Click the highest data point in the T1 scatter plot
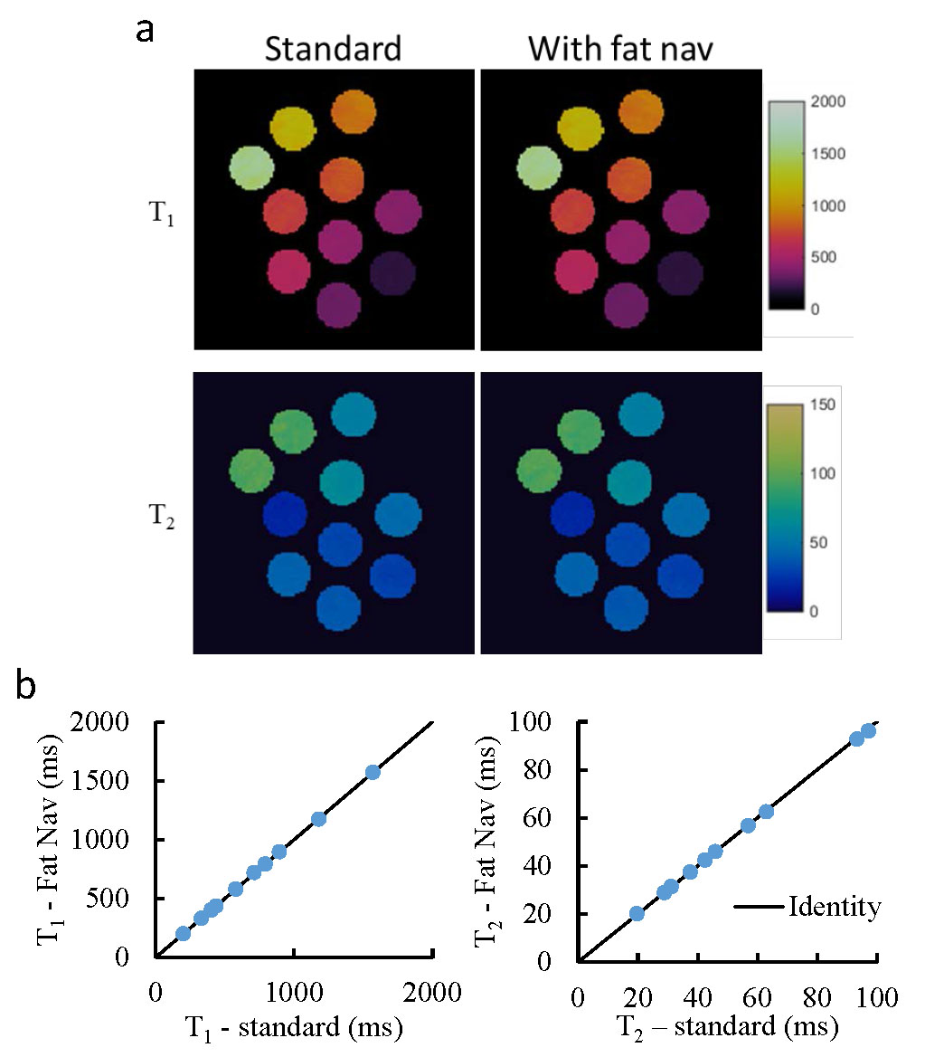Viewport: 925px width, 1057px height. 373,772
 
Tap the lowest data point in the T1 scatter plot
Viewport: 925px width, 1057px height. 183,933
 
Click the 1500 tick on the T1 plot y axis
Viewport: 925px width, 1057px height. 119,781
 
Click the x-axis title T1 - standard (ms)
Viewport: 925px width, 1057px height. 294,1027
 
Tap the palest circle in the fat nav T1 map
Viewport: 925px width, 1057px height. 537,168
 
